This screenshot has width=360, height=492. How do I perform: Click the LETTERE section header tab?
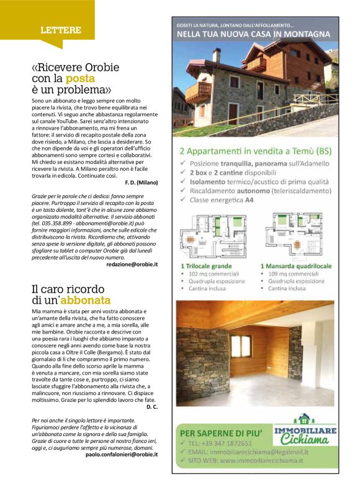pyautogui.click(x=60, y=30)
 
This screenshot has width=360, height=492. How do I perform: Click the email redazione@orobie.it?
pyautogui.click(x=132, y=264)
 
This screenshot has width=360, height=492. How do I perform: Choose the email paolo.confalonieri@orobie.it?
pyautogui.click(x=122, y=454)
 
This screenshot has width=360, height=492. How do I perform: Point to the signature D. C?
pyautogui.click(x=152, y=406)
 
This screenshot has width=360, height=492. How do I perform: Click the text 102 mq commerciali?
pyautogui.click(x=214, y=273)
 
